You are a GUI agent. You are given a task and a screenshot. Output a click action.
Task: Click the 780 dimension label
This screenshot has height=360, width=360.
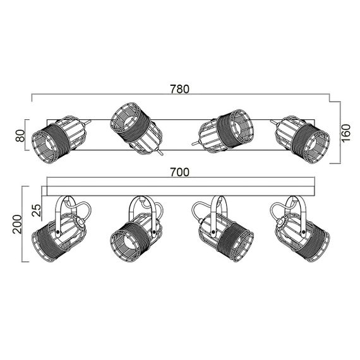[180, 89]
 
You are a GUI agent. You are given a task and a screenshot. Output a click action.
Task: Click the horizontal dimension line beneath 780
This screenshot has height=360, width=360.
[180, 97]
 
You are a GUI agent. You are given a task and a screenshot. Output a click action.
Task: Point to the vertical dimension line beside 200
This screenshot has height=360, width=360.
[23, 224]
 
